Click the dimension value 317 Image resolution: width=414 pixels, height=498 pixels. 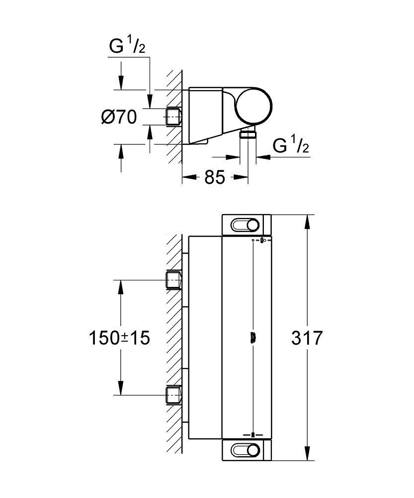click(308, 338)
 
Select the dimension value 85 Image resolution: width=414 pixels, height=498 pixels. click(215, 177)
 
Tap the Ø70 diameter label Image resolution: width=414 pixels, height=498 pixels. click(119, 118)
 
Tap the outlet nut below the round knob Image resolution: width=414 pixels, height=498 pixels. click(248, 133)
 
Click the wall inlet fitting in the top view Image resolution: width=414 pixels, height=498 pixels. click(172, 117)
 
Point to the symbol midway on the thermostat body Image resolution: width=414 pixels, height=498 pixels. click(253, 337)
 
